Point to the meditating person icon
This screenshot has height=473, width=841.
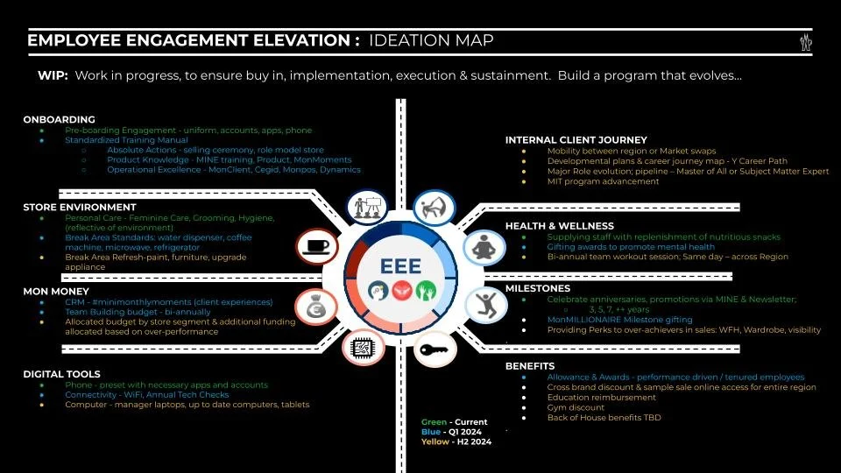pyautogui.click(x=480, y=248)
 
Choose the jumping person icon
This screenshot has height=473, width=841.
pyautogui.click(x=482, y=304)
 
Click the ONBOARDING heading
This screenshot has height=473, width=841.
pyautogui.click(x=59, y=119)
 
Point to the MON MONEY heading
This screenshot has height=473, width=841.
pyautogui.click(x=56, y=291)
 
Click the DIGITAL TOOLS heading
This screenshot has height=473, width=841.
pyautogui.click(x=61, y=374)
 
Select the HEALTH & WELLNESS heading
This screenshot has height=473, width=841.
pyautogui.click(x=559, y=226)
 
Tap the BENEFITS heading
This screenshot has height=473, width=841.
pyautogui.click(x=530, y=366)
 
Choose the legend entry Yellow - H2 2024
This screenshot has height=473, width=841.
pyautogui.click(x=456, y=442)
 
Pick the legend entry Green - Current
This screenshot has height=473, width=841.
pyautogui.click(x=454, y=422)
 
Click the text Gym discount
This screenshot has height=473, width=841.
pyautogui.click(x=576, y=407)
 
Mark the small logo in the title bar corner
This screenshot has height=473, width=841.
pyautogui.click(x=805, y=41)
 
